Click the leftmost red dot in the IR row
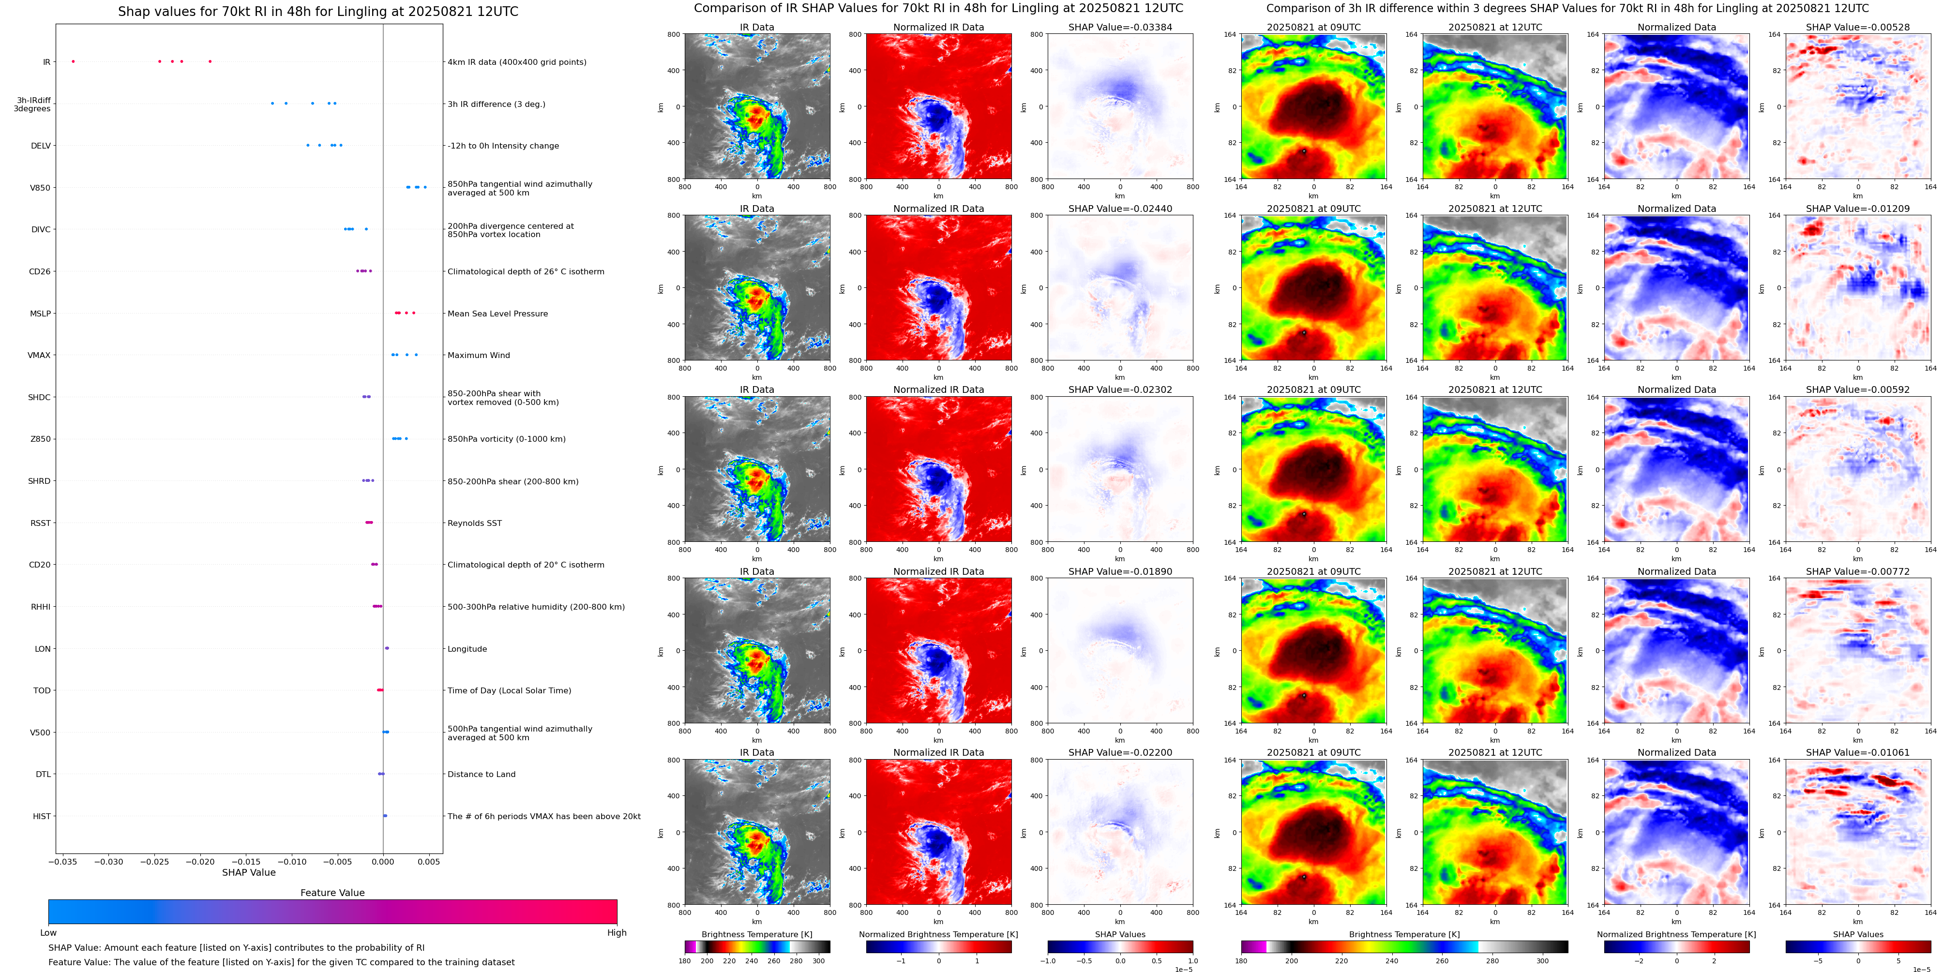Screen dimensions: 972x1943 click(x=73, y=61)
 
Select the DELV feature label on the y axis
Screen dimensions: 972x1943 click(x=41, y=146)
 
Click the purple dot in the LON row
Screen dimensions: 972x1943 click(x=387, y=648)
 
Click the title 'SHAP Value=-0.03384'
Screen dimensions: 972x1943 click(x=1120, y=27)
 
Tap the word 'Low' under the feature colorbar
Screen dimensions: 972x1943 click(x=48, y=933)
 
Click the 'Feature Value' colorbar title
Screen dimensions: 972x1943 click(x=332, y=893)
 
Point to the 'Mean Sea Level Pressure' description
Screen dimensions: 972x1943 click(x=498, y=314)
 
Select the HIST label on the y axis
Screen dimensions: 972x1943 click(x=42, y=816)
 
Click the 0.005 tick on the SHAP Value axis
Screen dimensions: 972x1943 click(x=428, y=862)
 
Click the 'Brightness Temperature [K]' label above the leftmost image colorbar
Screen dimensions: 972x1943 click(x=756, y=934)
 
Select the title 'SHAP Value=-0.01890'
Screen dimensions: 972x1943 click(x=1120, y=571)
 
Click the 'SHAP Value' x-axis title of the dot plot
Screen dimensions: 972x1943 click(x=249, y=872)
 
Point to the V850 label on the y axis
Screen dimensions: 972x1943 click(x=40, y=188)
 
